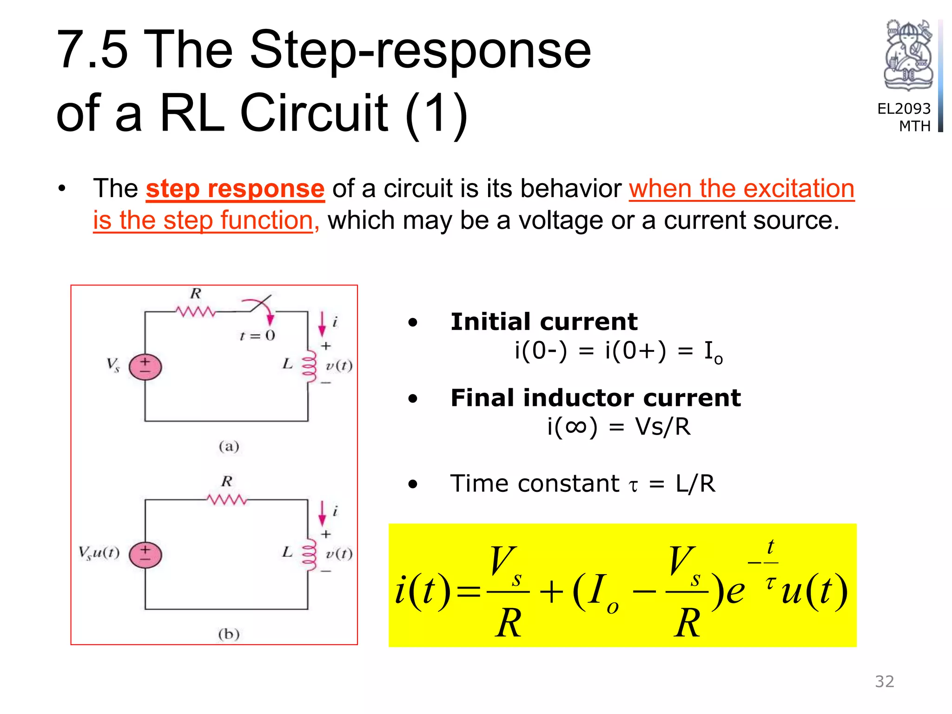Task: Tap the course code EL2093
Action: tap(904, 109)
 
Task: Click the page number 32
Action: tap(884, 681)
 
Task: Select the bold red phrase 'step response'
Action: tap(235, 189)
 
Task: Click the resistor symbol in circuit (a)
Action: tap(196, 311)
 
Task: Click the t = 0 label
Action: tap(257, 336)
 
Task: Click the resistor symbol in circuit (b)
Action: tap(227, 500)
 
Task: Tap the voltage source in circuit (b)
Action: tap(145, 555)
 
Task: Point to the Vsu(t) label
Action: tap(99, 553)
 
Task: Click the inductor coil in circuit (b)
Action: tap(309, 555)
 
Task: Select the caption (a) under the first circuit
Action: tap(229, 447)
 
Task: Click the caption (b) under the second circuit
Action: tap(229, 634)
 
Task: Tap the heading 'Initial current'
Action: tap(544, 322)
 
